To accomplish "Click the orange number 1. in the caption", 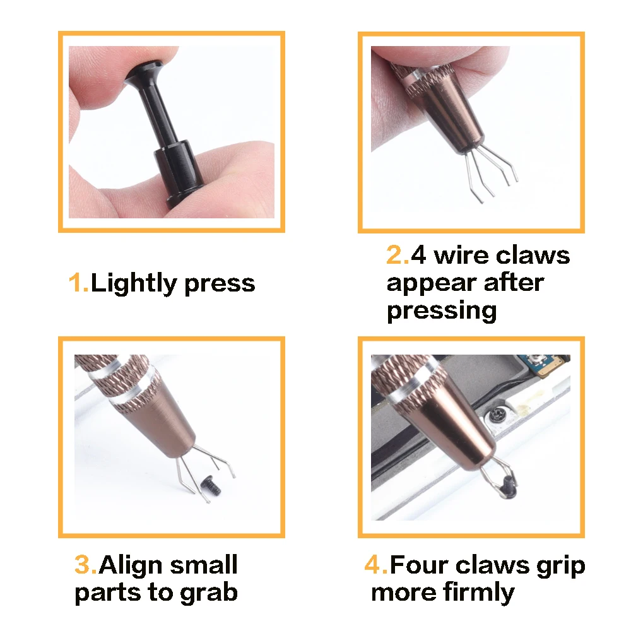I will click(79, 283).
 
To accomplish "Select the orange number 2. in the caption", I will click(398, 256).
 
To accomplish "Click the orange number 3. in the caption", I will click(86, 565).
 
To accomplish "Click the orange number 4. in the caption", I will click(376, 565).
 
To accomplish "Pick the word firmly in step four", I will click(479, 593).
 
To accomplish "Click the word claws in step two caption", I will click(533, 256).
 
